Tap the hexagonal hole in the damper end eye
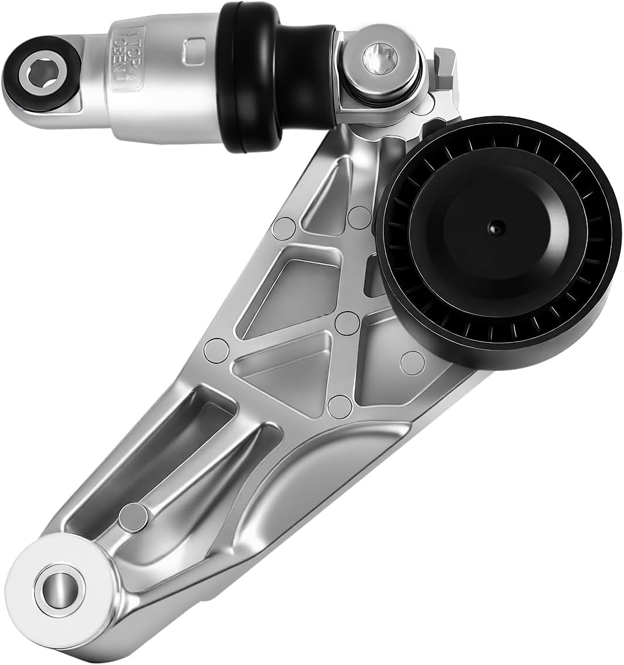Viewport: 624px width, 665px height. click(x=42, y=73)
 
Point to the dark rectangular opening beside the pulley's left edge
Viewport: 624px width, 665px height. click(x=374, y=276)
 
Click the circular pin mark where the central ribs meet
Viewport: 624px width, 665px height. click(x=347, y=323)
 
